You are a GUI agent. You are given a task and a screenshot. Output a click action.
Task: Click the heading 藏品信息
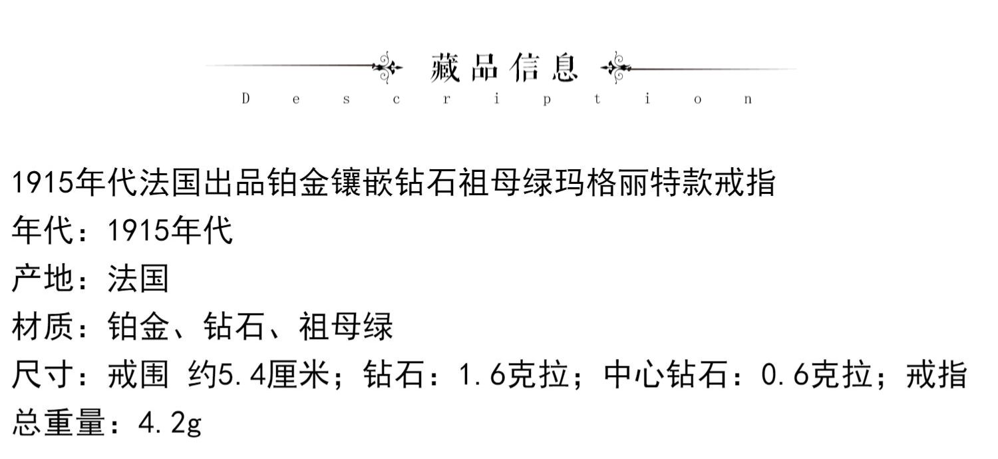[504, 68]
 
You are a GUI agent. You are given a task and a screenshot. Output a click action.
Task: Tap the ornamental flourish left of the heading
[387, 67]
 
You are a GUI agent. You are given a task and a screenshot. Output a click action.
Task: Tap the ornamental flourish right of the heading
[616, 67]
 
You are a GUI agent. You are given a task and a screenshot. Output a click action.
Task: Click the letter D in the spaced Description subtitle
[246, 99]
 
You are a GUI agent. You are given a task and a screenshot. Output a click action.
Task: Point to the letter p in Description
[546, 100]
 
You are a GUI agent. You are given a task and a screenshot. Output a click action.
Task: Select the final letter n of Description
[748, 100]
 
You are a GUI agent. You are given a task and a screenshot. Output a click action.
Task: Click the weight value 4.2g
[169, 423]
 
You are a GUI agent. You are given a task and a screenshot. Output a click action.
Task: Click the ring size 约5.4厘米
[259, 375]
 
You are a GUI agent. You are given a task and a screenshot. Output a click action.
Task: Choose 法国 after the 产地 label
[138, 278]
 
